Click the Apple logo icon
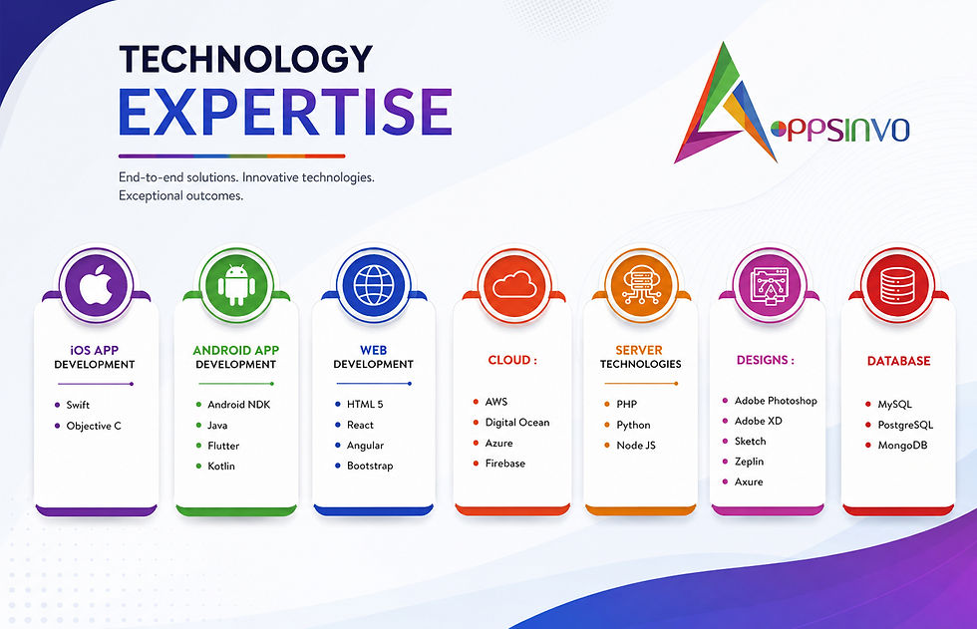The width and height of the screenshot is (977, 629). (x=96, y=286)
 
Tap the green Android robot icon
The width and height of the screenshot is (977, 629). (x=236, y=286)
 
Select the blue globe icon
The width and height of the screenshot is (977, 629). (x=374, y=286)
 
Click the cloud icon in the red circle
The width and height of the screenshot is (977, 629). (x=514, y=285)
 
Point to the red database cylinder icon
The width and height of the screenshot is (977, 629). (x=897, y=286)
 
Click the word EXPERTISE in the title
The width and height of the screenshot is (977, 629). (x=285, y=112)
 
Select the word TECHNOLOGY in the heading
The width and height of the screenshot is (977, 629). (x=245, y=59)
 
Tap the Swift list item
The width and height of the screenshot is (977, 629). (x=78, y=405)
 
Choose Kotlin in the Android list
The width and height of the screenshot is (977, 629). (x=221, y=466)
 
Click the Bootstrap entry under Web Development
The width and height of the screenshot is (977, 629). (x=370, y=466)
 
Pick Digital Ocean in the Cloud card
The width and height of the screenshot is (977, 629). (x=517, y=423)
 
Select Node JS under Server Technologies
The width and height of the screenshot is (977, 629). (x=636, y=446)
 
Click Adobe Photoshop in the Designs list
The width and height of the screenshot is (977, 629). (x=776, y=401)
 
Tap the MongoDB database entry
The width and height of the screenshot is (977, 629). (x=902, y=446)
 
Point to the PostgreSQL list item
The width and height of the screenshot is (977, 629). (x=905, y=425)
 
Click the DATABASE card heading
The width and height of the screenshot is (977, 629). (x=898, y=361)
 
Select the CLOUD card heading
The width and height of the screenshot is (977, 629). (x=512, y=360)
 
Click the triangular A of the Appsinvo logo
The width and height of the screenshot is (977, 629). (x=726, y=103)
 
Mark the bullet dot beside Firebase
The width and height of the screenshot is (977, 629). (x=476, y=464)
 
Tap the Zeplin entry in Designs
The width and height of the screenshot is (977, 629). (x=749, y=462)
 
